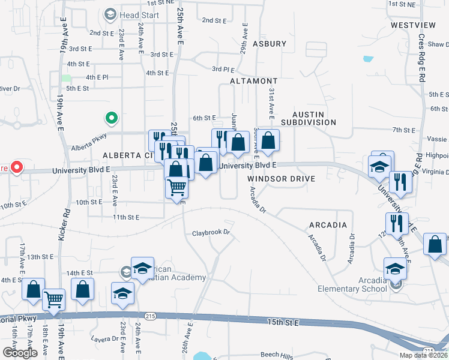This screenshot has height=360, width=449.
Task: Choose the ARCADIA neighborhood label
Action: [328, 225]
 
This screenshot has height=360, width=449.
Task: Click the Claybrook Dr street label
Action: [211, 233]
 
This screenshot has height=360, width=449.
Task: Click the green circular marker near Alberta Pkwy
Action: [110, 118]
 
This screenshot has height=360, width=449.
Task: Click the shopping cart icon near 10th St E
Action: [177, 187]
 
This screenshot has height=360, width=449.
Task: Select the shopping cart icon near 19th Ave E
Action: [55, 298]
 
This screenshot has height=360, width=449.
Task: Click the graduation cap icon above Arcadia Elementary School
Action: [395, 268]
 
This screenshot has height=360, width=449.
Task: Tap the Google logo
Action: [20, 353]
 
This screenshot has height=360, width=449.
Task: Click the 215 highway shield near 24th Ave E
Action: [150, 316]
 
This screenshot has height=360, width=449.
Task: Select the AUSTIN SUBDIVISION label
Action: [314, 118]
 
